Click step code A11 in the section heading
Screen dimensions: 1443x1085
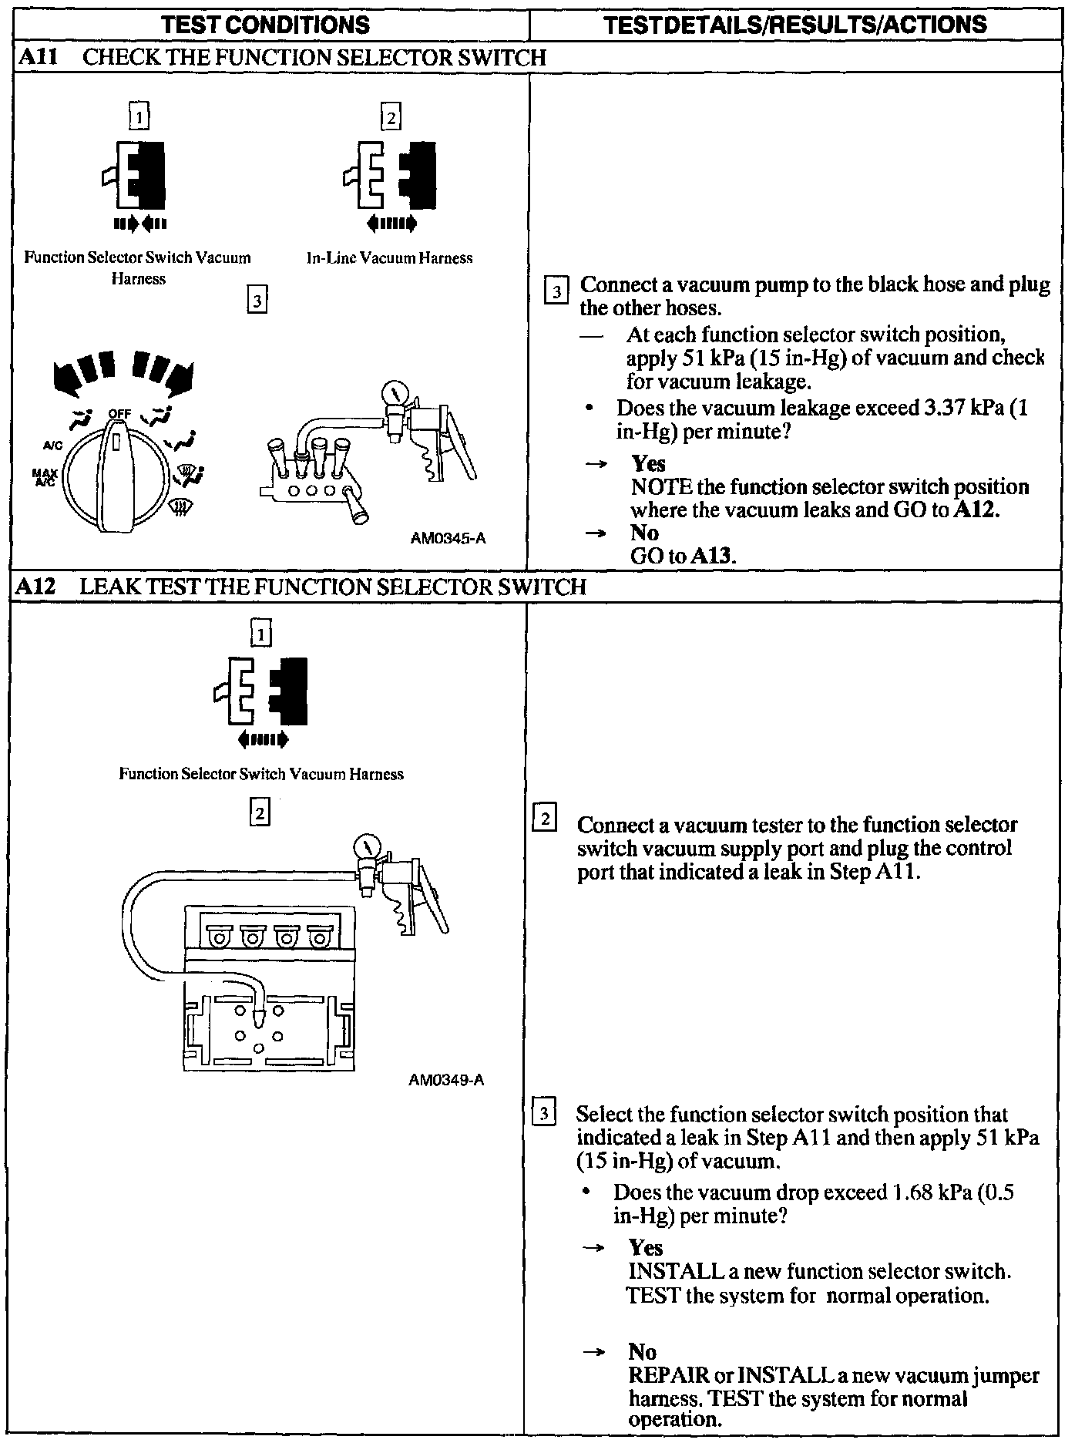point(38,57)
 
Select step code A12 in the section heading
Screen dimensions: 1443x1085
point(38,587)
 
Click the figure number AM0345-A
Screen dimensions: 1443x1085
point(448,538)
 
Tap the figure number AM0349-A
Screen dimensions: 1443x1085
point(446,1079)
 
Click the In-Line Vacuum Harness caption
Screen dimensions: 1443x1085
point(389,258)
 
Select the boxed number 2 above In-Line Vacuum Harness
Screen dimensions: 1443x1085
point(391,117)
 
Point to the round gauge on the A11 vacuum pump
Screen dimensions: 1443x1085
point(396,395)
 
